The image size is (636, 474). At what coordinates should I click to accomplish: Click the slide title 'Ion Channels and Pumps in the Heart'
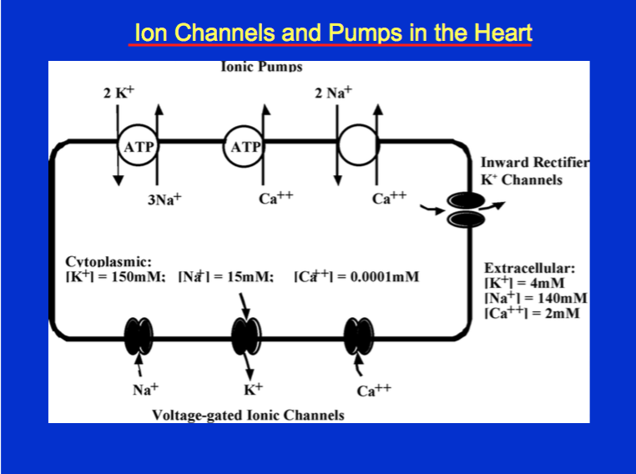(x=331, y=33)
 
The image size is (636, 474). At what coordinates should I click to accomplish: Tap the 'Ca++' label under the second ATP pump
(x=275, y=199)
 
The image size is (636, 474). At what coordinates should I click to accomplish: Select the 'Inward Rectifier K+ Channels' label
(x=534, y=171)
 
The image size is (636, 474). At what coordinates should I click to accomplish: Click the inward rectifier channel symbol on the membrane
(x=465, y=209)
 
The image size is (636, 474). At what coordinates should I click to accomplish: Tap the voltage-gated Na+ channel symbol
(x=138, y=335)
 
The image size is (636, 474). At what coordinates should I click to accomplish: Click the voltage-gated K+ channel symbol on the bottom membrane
(x=246, y=335)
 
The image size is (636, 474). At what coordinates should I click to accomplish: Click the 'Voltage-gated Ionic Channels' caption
(x=248, y=415)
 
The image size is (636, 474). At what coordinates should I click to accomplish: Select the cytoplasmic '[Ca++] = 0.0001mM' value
(x=357, y=276)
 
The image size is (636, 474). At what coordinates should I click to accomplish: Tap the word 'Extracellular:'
(x=530, y=269)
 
